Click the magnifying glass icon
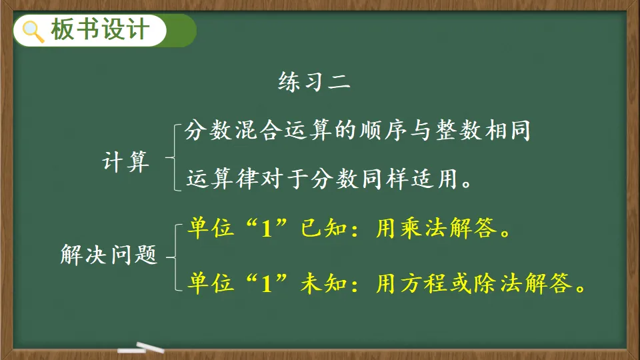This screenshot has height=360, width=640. pos(33,31)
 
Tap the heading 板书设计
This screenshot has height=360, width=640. pos(100,30)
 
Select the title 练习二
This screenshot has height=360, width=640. pos(314,81)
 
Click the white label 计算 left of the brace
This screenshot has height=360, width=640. pos(125,161)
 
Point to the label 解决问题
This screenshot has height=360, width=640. pos(109,255)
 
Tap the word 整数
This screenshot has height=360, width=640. pos(459,131)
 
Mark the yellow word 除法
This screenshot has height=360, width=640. pos(499,283)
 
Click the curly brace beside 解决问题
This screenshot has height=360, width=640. pos(175,257)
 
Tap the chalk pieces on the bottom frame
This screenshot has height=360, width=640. pos(141,348)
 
